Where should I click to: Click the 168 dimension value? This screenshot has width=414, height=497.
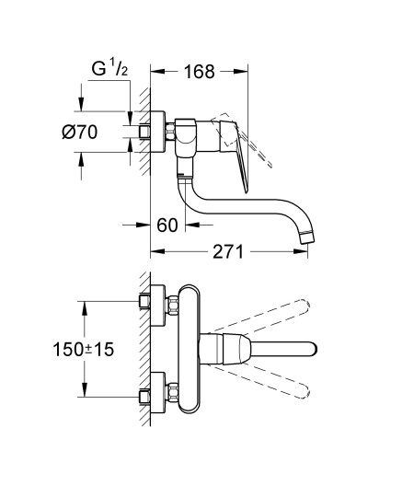(x=200, y=72)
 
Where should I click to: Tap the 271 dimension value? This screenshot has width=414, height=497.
(x=228, y=251)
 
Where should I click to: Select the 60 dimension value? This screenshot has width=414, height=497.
(x=167, y=225)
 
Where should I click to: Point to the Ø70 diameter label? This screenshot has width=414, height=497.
(x=79, y=132)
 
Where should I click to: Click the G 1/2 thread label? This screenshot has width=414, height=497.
(x=109, y=68)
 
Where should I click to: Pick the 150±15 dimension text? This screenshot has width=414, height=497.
(x=83, y=350)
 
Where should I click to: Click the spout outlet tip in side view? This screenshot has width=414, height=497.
(x=306, y=238)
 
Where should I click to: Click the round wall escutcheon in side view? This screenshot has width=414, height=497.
(x=157, y=132)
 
